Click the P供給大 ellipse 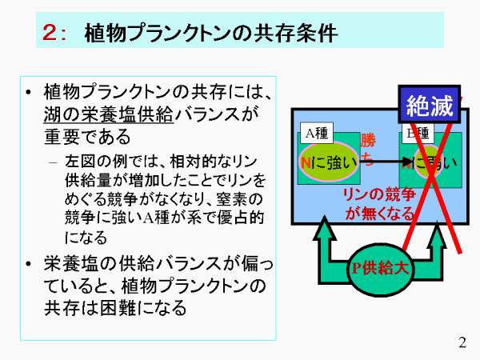(381, 268)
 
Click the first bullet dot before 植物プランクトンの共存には (29, 91)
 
